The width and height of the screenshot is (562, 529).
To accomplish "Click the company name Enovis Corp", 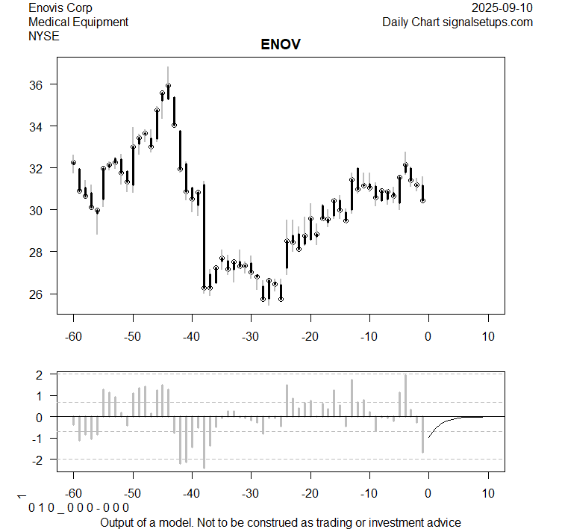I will coord(60,8).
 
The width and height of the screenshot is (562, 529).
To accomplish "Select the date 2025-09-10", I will coord(502,8).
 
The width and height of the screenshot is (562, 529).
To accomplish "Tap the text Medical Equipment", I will coord(78,22).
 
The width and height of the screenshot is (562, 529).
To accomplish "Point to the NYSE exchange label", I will coord(43,35).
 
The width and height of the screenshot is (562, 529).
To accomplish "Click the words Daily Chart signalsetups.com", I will coord(458,22).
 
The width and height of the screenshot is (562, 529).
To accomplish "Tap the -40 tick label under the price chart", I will coord(192,335).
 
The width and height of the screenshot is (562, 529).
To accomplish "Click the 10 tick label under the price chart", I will coord(488,335).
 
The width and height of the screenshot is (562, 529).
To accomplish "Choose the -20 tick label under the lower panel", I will coord(310,493).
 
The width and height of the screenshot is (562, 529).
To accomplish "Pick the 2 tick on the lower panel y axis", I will coord(41,374).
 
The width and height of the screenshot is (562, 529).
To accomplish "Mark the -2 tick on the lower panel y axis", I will coord(39,460).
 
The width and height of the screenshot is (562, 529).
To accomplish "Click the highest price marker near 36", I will coord(169,86).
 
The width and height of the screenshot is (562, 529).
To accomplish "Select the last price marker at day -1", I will coord(423,200).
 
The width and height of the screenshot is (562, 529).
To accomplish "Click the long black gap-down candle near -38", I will coord(204,235).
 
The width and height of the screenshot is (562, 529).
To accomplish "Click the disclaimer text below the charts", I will coord(281,522).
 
